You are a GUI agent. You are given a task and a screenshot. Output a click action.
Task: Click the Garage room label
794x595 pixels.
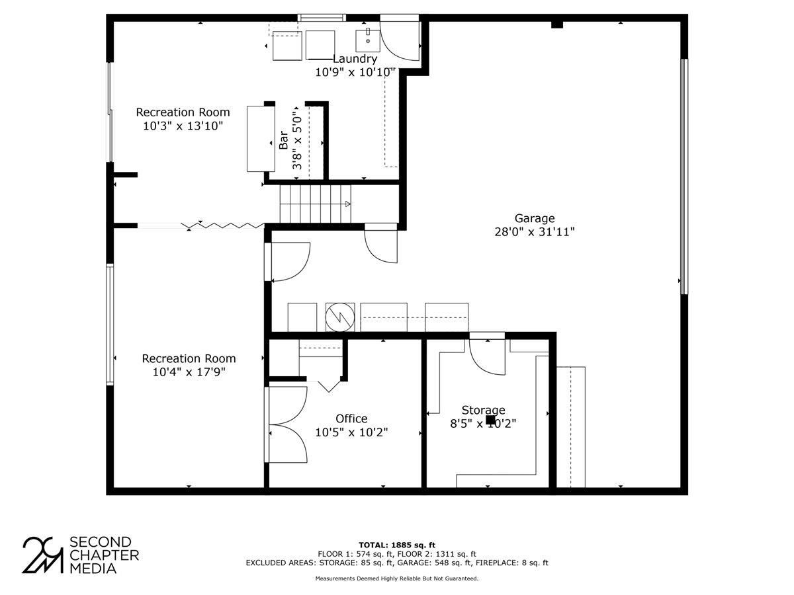point(535,218)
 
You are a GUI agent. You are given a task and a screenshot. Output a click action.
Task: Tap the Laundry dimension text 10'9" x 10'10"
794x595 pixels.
point(355,71)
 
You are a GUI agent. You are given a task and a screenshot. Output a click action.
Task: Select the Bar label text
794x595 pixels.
point(283,140)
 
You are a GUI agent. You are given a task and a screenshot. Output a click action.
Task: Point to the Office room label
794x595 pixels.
point(351,418)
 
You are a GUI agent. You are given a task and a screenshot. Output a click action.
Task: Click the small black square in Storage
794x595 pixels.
point(490,419)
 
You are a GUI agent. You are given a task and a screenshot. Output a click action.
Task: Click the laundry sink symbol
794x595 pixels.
point(367,40)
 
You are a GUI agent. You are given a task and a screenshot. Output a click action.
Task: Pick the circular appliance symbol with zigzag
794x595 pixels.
point(339,317)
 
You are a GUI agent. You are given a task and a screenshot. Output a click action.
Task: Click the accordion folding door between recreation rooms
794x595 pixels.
point(225,226)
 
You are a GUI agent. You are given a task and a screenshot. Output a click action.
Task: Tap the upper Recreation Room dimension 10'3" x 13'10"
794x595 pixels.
point(183,126)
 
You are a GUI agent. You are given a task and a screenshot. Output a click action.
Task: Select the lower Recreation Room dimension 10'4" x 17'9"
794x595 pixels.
point(189,372)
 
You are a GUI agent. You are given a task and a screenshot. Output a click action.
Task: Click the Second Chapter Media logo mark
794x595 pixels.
point(43,554)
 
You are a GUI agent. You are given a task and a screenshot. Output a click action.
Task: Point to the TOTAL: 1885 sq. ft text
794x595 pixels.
point(397,545)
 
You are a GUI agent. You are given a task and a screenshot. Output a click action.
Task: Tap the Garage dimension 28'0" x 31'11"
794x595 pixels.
point(535,232)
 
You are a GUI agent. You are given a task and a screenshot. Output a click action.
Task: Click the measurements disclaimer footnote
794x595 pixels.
point(397,578)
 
